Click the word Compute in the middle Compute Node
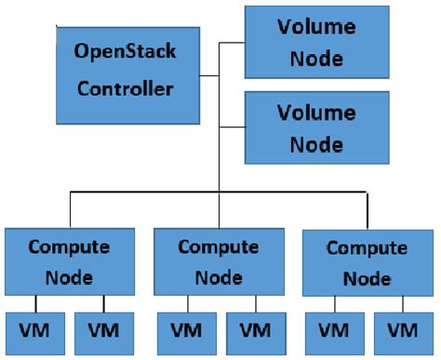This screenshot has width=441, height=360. (x=217, y=248)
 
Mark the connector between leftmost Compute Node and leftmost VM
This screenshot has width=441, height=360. (x=35, y=304)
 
